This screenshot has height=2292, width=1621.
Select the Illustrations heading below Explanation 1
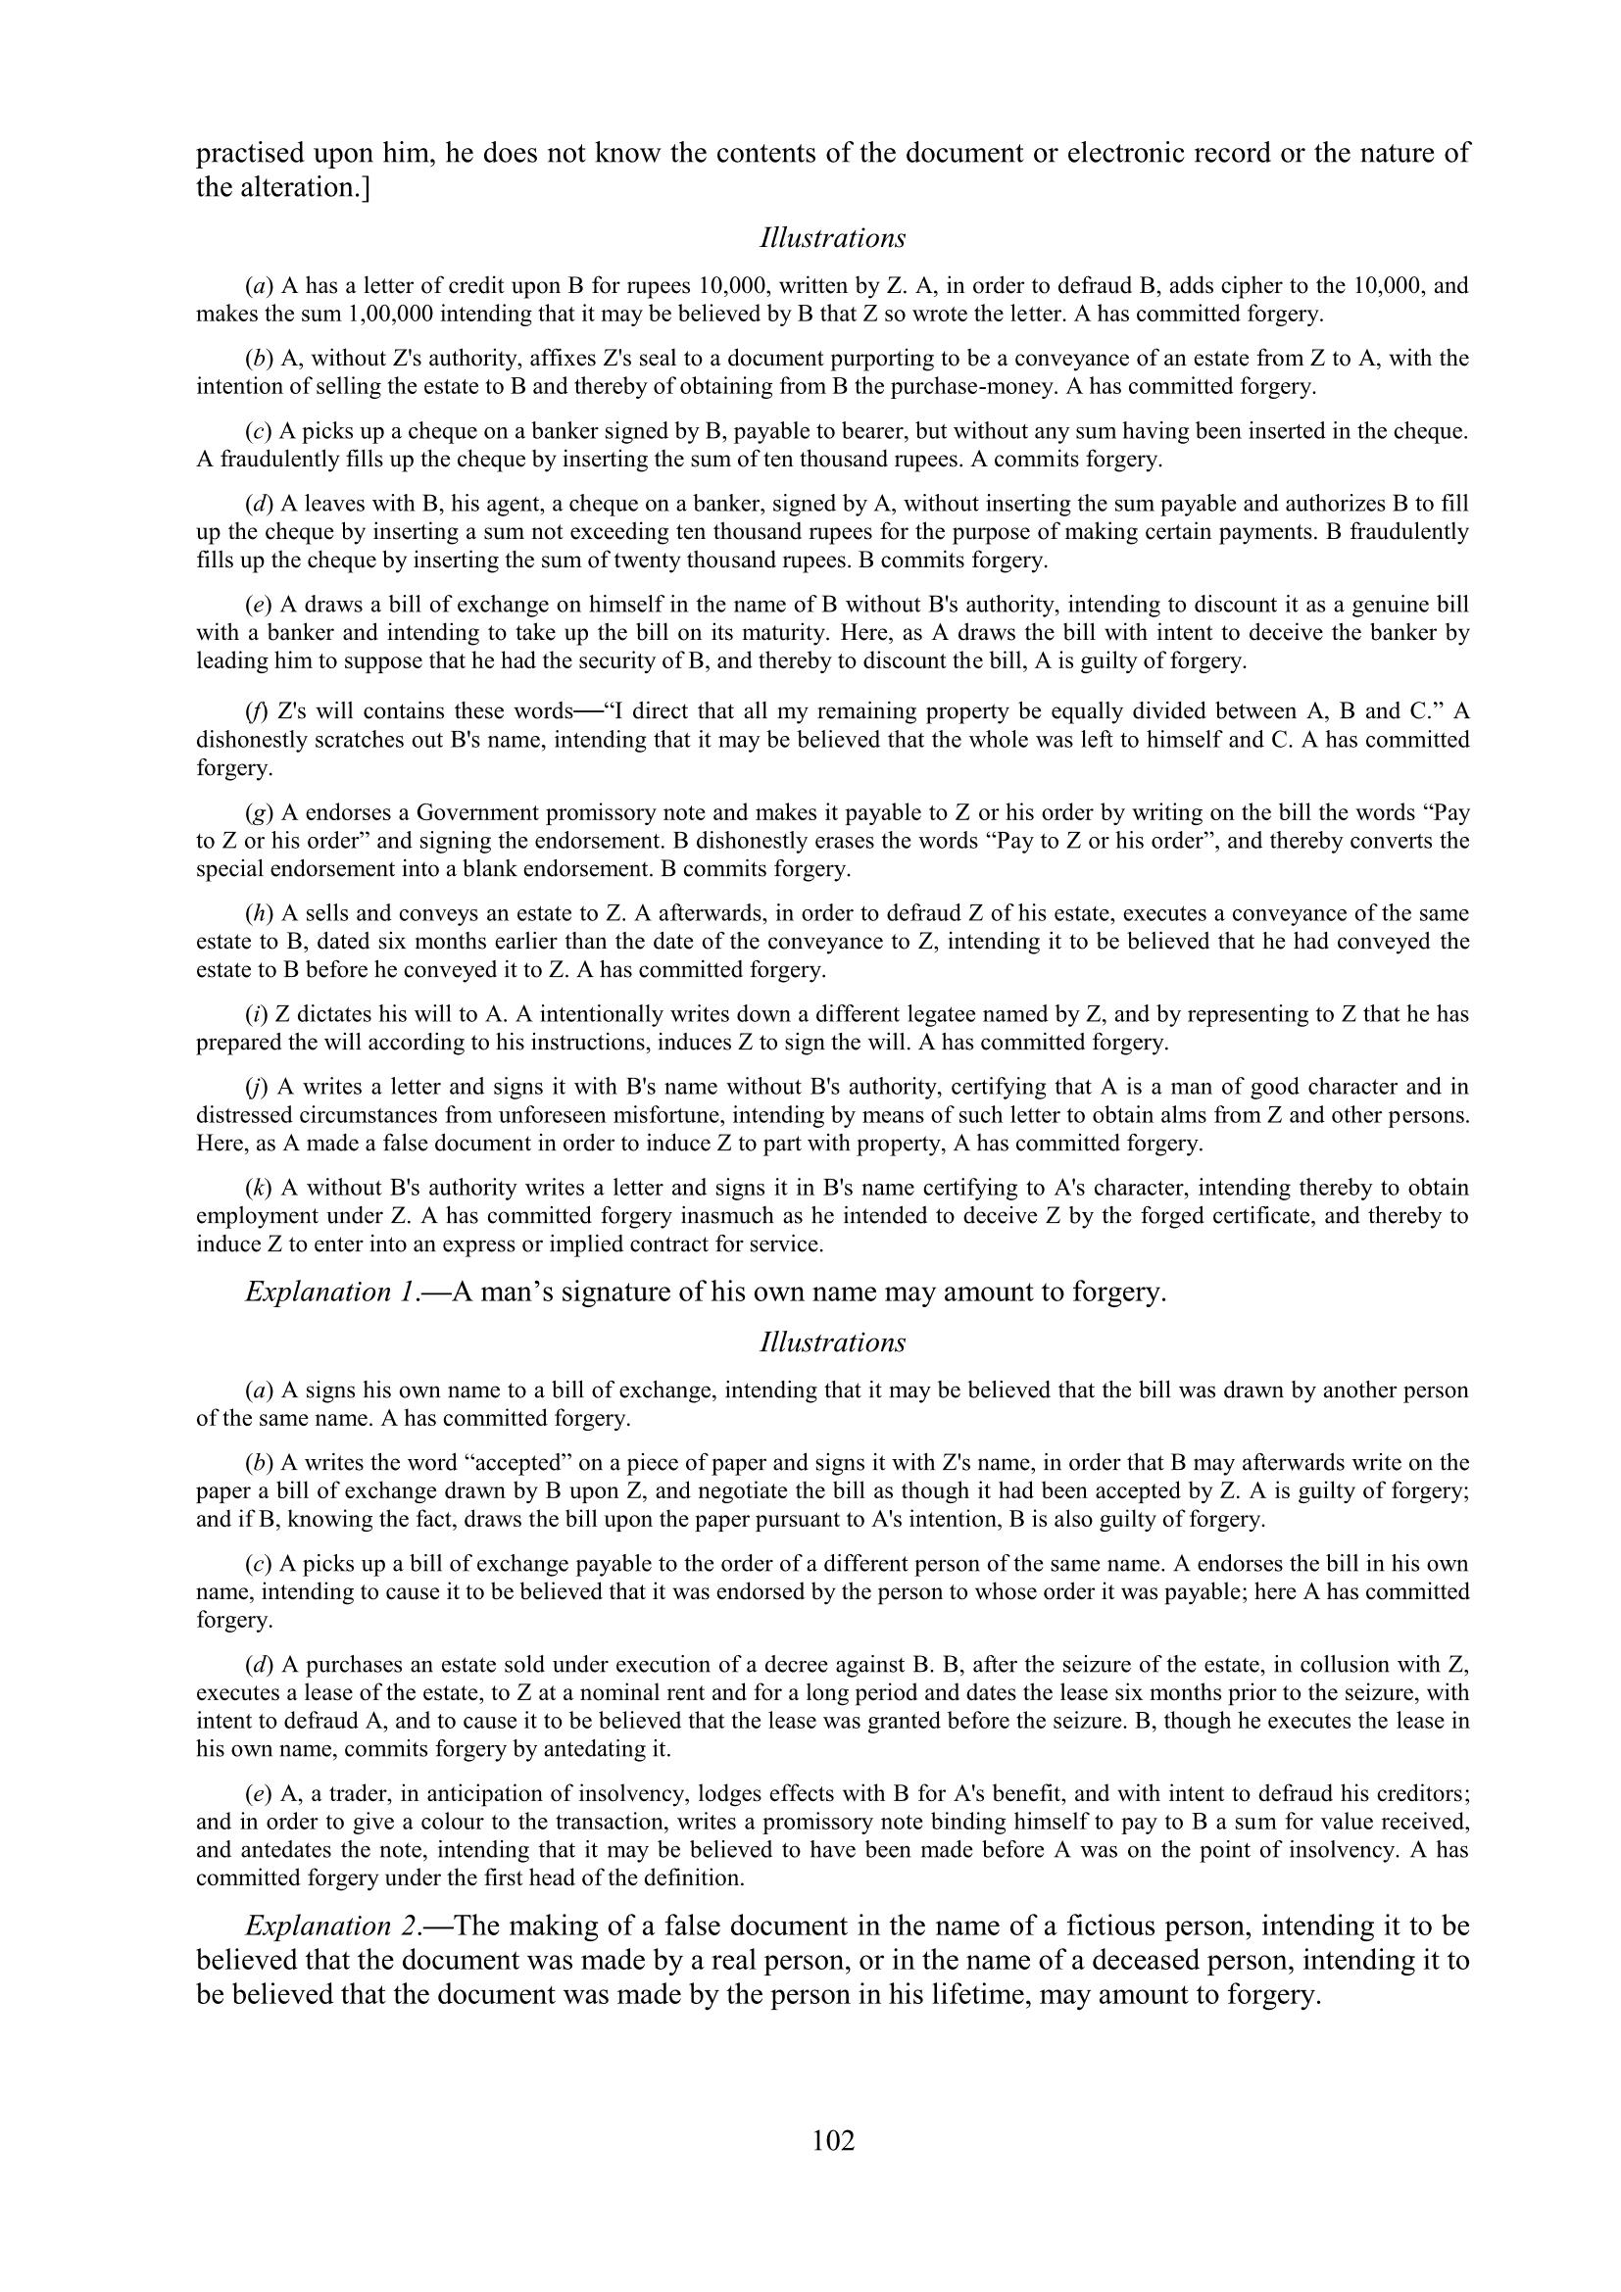click(832, 1342)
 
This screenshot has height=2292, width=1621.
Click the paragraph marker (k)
click(260, 1188)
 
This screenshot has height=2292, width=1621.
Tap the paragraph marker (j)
click(260, 1087)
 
